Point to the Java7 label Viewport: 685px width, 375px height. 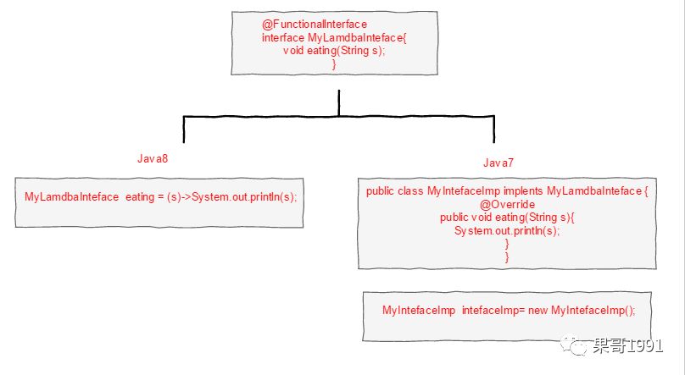(498, 163)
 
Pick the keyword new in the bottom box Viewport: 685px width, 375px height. (537, 311)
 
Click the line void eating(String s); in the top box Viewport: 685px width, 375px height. (334, 51)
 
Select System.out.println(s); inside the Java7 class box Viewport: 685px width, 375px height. (507, 230)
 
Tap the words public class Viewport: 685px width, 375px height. (395, 191)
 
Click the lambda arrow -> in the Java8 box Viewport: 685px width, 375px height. (185, 197)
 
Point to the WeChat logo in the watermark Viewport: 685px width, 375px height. (580, 347)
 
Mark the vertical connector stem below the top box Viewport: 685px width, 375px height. (338, 102)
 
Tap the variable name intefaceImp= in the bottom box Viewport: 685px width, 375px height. (493, 311)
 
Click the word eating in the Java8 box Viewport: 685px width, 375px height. (141, 197)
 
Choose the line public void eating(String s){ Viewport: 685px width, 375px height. (506, 218)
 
